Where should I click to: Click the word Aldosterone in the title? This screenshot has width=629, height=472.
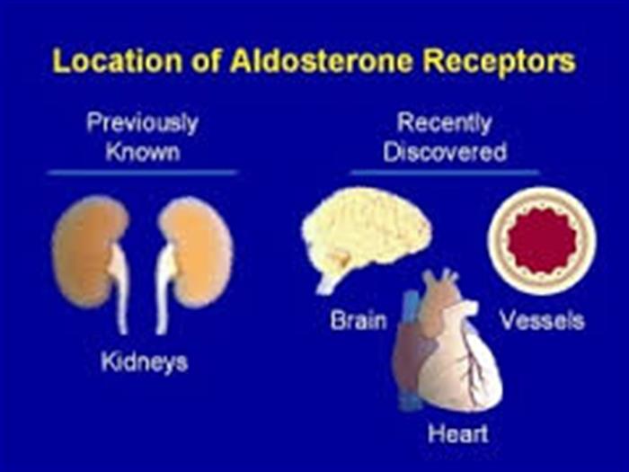tap(321, 60)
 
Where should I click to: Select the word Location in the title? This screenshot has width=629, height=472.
tap(117, 60)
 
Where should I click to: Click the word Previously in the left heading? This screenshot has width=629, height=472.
tap(142, 124)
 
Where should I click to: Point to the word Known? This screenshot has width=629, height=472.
tap(142, 152)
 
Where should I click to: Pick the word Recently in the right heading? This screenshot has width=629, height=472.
tap(445, 124)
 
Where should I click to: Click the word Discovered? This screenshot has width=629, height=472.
tap(445, 152)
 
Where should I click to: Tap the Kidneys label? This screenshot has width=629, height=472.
tap(145, 362)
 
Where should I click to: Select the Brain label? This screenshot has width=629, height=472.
tap(359, 321)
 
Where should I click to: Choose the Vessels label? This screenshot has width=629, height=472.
tap(542, 321)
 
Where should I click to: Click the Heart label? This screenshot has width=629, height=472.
tap(457, 434)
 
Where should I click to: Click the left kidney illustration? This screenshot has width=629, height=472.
tap(90, 257)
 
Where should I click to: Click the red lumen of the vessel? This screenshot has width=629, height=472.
tap(542, 241)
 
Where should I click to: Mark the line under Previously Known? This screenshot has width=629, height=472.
tap(142, 173)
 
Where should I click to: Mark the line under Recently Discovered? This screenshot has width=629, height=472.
tap(445, 173)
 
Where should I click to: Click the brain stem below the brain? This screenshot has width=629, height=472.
tap(328, 284)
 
